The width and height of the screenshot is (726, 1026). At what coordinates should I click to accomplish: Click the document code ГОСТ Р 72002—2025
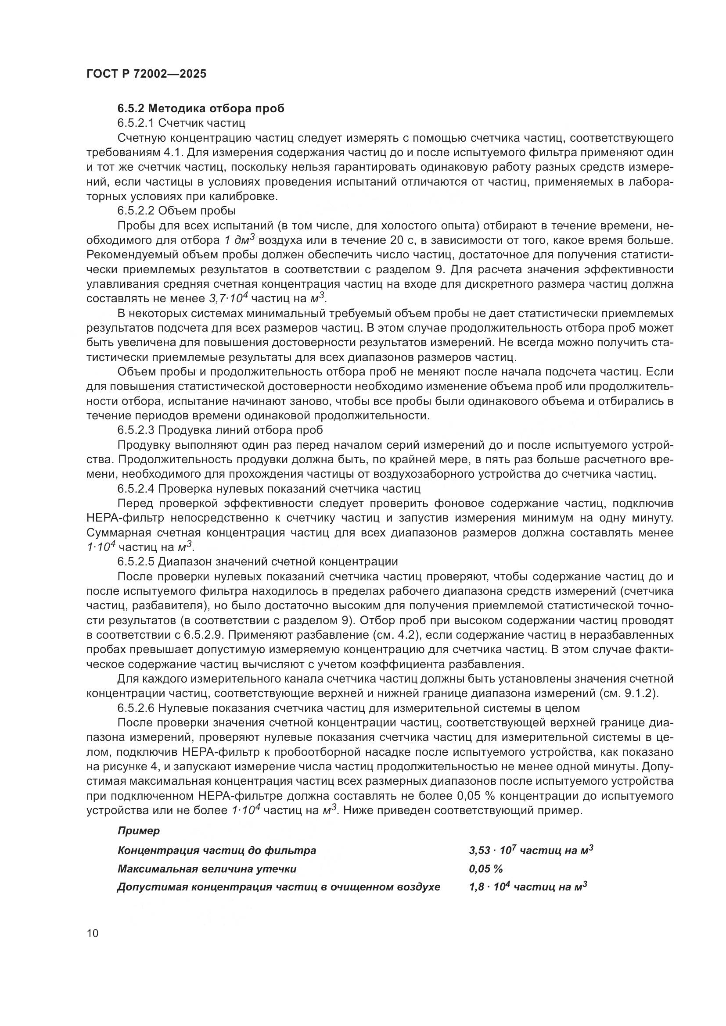click(146, 74)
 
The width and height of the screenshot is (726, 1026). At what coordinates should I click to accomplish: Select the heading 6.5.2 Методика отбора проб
click(201, 108)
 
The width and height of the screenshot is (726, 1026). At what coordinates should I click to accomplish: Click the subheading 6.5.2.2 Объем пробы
click(176, 210)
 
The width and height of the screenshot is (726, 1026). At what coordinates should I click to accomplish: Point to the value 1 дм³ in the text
click(238, 240)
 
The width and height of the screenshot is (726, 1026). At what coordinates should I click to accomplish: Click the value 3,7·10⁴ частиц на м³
click(271, 298)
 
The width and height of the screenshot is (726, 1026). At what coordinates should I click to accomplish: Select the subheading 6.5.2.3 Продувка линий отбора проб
click(220, 430)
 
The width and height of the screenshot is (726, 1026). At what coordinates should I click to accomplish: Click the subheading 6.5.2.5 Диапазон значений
click(258, 561)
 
